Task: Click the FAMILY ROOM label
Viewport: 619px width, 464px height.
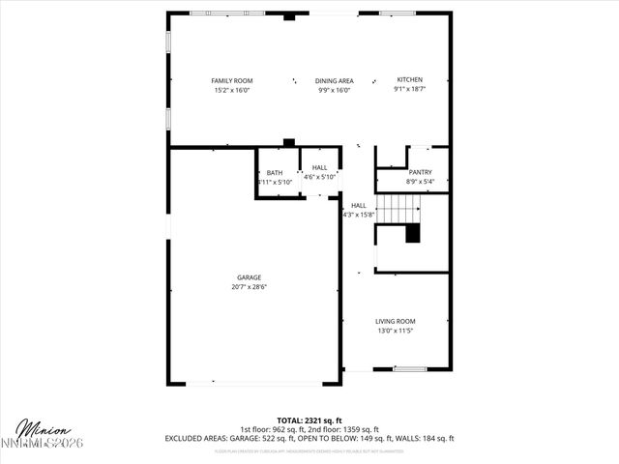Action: [x=231, y=80]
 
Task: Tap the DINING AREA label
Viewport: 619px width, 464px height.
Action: [x=334, y=80]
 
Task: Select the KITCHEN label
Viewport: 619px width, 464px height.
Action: [x=410, y=79]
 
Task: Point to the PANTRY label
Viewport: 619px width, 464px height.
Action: [x=422, y=172]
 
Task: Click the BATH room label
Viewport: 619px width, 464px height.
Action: [x=275, y=172]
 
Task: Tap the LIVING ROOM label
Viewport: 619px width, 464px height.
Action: [x=395, y=321]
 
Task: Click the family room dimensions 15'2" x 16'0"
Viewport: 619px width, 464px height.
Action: [x=231, y=90]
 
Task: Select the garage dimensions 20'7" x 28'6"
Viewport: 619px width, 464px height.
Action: [x=249, y=286]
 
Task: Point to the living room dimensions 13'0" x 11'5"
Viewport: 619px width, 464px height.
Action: [x=395, y=331]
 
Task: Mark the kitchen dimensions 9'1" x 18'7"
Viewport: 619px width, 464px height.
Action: [x=410, y=89]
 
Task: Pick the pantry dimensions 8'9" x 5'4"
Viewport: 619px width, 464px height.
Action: [x=421, y=182]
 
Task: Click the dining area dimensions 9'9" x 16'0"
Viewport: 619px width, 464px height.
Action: [x=334, y=90]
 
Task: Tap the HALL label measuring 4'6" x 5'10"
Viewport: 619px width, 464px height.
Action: [x=319, y=167]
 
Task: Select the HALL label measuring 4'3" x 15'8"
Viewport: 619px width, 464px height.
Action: [x=358, y=205]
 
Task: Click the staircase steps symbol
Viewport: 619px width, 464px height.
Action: [x=398, y=207]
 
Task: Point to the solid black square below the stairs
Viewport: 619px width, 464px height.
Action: [x=413, y=233]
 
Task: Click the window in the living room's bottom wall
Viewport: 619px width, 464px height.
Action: [x=410, y=368]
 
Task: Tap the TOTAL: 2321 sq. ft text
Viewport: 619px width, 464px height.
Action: [x=309, y=420]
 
